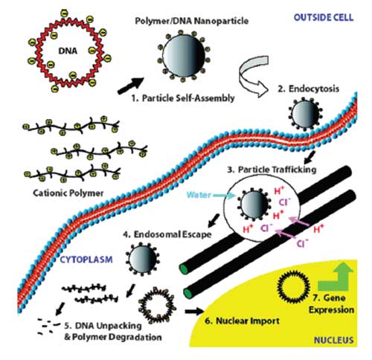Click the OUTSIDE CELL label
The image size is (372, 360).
coord(324,18)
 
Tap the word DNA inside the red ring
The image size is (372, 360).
coord(68,51)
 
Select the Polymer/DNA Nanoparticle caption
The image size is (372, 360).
coord(192,21)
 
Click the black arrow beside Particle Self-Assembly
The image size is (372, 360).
coord(131,86)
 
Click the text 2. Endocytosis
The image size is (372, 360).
coord(308,89)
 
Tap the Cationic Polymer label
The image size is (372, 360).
coord(68,193)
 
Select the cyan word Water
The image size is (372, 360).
coord(199,195)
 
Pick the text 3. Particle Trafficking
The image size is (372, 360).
coord(272,170)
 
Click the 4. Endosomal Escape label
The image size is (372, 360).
coord(167,234)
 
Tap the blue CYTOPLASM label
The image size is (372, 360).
coord(86,260)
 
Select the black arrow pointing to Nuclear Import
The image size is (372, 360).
coord(194,311)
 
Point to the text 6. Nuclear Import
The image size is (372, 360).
coord(242,321)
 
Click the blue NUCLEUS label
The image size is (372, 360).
coord(333,340)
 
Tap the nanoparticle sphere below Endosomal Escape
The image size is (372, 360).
coord(142,259)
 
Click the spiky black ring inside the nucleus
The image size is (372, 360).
coord(293,286)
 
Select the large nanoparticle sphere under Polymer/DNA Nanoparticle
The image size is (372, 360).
coord(184,56)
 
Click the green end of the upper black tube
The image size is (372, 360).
coord(184,269)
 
